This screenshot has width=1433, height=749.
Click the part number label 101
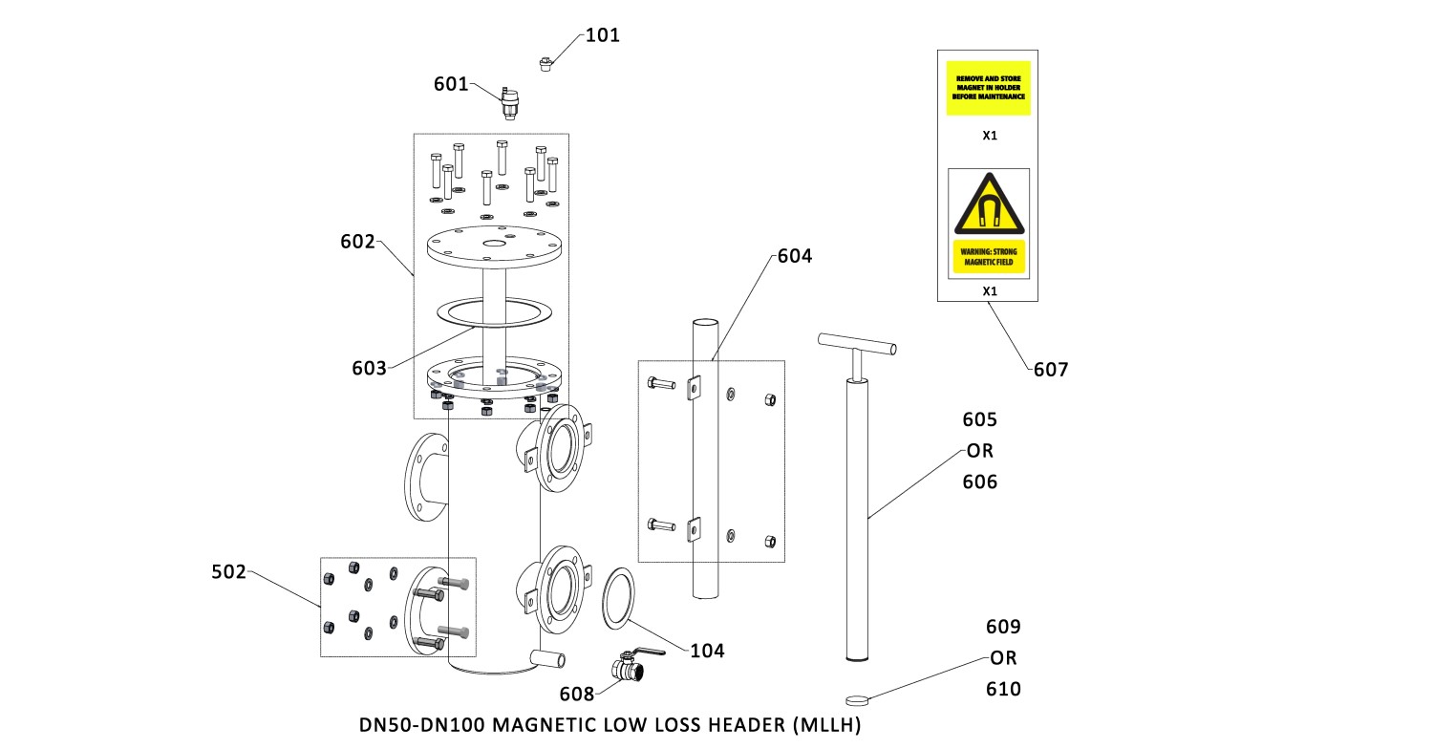point(602,35)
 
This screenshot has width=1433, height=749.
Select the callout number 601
point(451,84)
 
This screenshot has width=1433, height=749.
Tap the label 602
point(358,242)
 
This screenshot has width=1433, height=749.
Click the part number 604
point(794,256)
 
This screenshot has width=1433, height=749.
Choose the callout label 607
point(1050,369)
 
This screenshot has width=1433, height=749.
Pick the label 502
point(228,572)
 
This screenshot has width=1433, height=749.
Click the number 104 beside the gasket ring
point(707,651)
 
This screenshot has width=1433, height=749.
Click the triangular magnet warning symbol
point(989,205)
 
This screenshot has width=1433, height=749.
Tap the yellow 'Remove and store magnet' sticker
point(989,89)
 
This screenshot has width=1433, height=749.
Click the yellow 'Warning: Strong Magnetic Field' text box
point(989,255)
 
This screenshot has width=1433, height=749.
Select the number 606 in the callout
point(979,482)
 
